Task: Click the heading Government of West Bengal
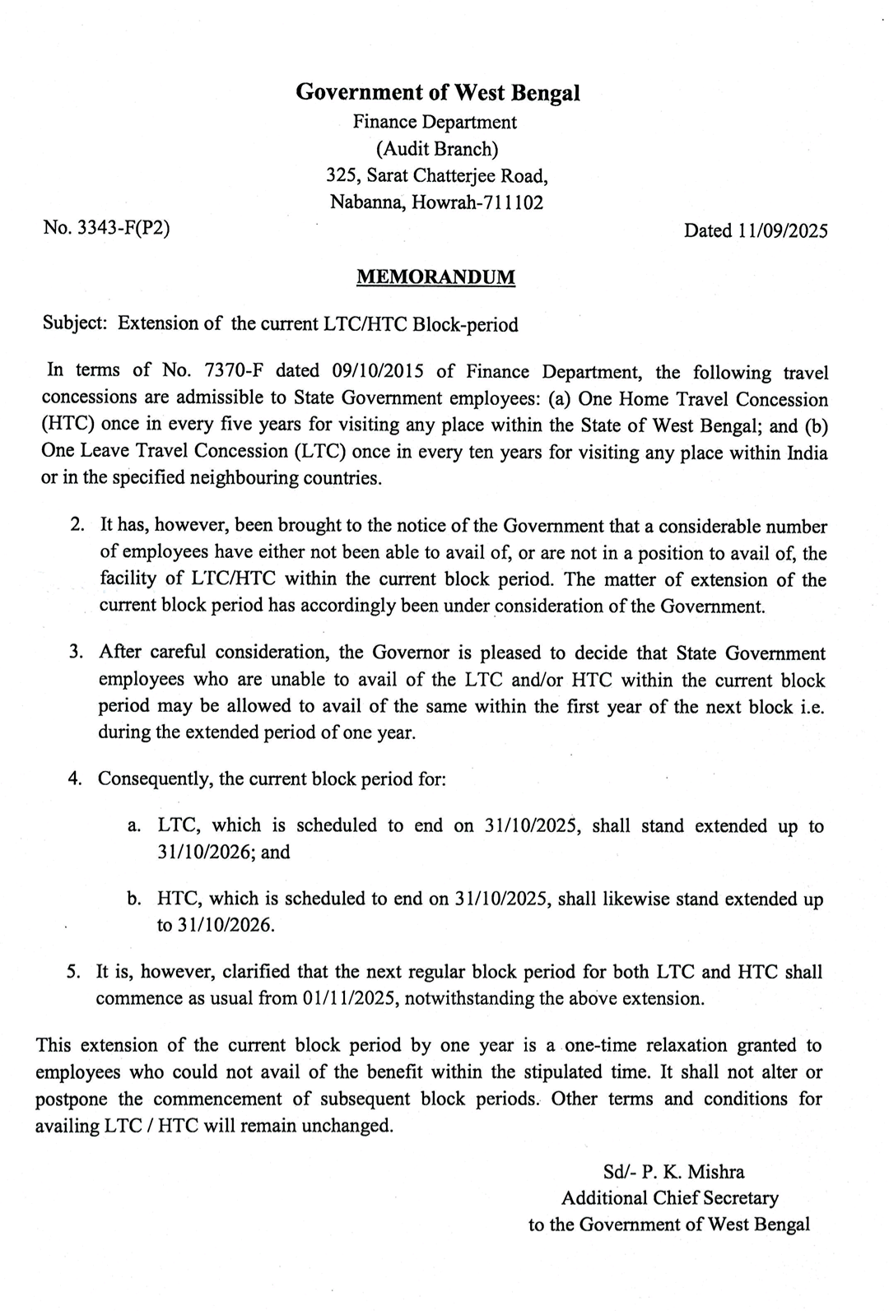[x=437, y=92]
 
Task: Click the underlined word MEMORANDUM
[x=435, y=277]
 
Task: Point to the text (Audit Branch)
[x=436, y=149]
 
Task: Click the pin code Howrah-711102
[x=476, y=202]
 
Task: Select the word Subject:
[x=75, y=324]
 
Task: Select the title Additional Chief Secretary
[x=669, y=1198]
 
